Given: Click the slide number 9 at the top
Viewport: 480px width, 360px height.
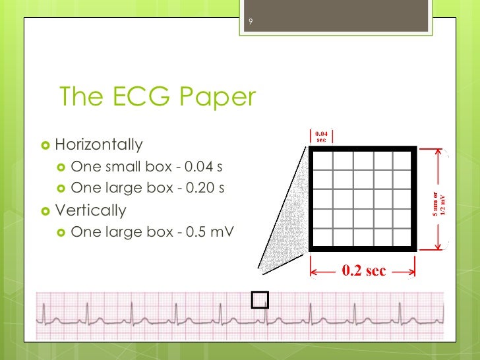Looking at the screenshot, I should pyautogui.click(x=251, y=24).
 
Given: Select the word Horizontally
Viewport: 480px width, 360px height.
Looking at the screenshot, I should pyautogui.click(x=98, y=144).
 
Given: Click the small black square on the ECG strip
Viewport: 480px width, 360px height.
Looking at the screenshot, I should pyautogui.click(x=261, y=300).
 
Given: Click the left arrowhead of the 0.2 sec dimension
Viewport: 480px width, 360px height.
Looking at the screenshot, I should pyautogui.click(x=314, y=271).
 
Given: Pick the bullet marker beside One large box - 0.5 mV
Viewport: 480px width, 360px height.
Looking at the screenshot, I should pyautogui.click(x=60, y=233).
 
